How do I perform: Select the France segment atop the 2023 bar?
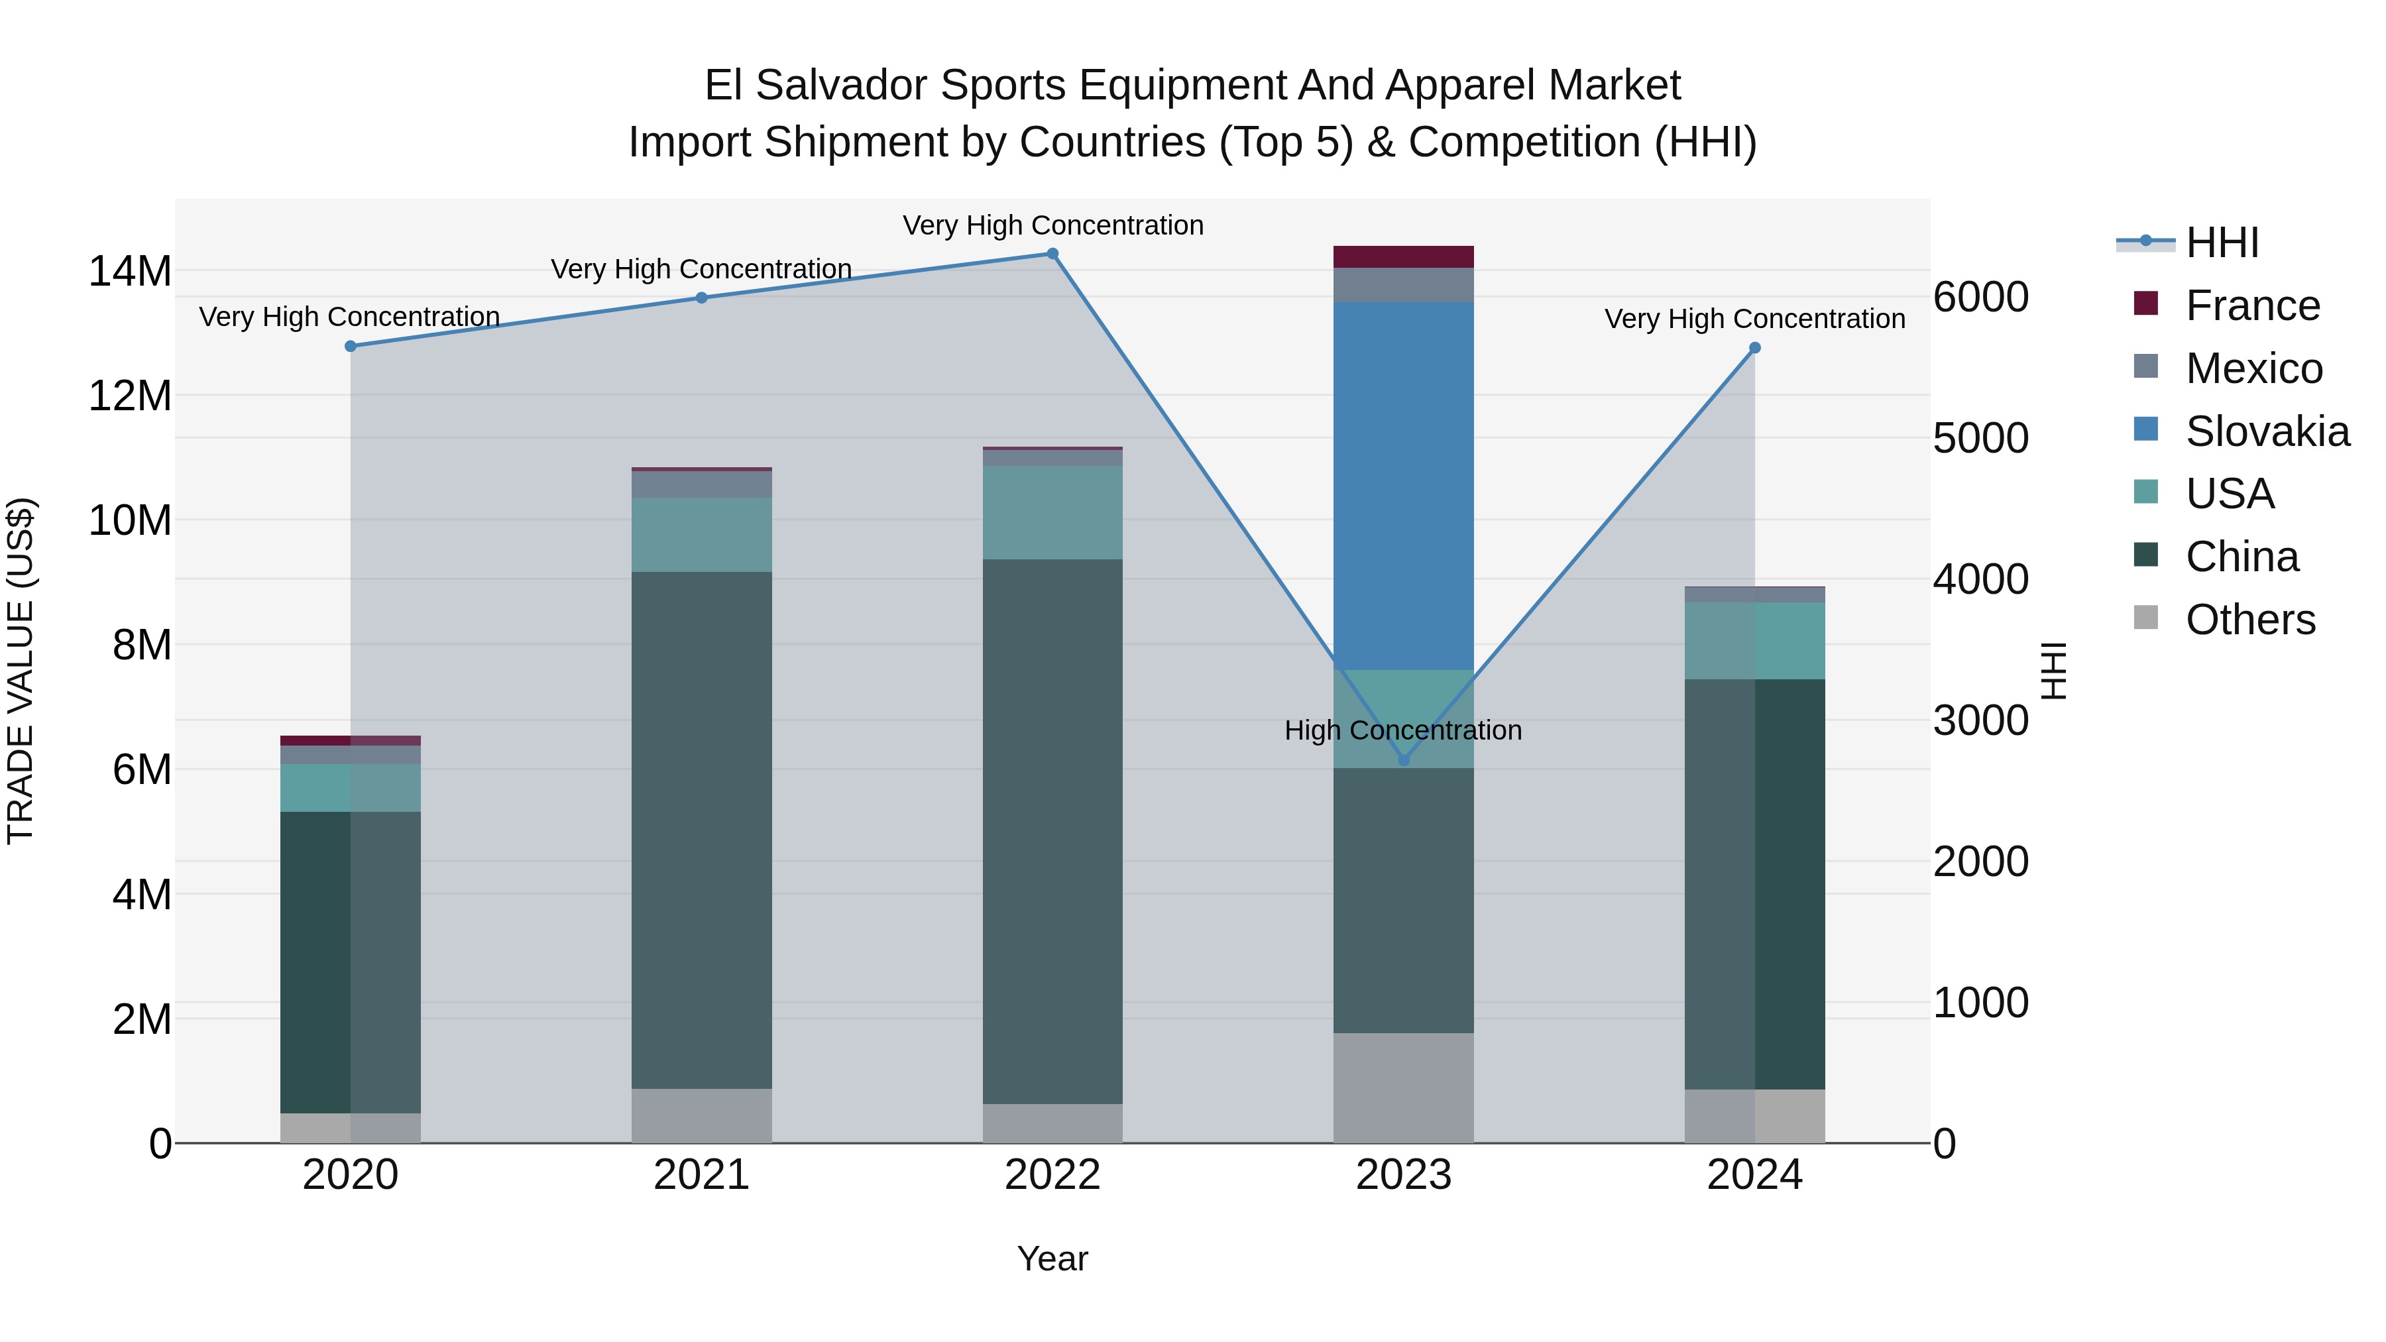tap(1402, 256)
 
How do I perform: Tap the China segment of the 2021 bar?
tap(701, 829)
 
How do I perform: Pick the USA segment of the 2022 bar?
tap(1052, 512)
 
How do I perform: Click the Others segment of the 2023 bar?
tap(1402, 1088)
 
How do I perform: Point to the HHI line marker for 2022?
tap(1052, 254)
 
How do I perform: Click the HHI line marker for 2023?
tap(1403, 759)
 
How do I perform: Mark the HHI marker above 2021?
tap(701, 298)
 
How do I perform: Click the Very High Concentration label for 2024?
tap(1754, 319)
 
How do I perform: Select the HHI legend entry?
tap(2221, 243)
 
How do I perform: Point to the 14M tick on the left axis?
tap(130, 271)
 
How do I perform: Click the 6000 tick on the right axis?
tap(1980, 298)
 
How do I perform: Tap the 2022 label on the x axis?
tap(1052, 1175)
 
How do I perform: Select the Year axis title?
tap(1052, 1258)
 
